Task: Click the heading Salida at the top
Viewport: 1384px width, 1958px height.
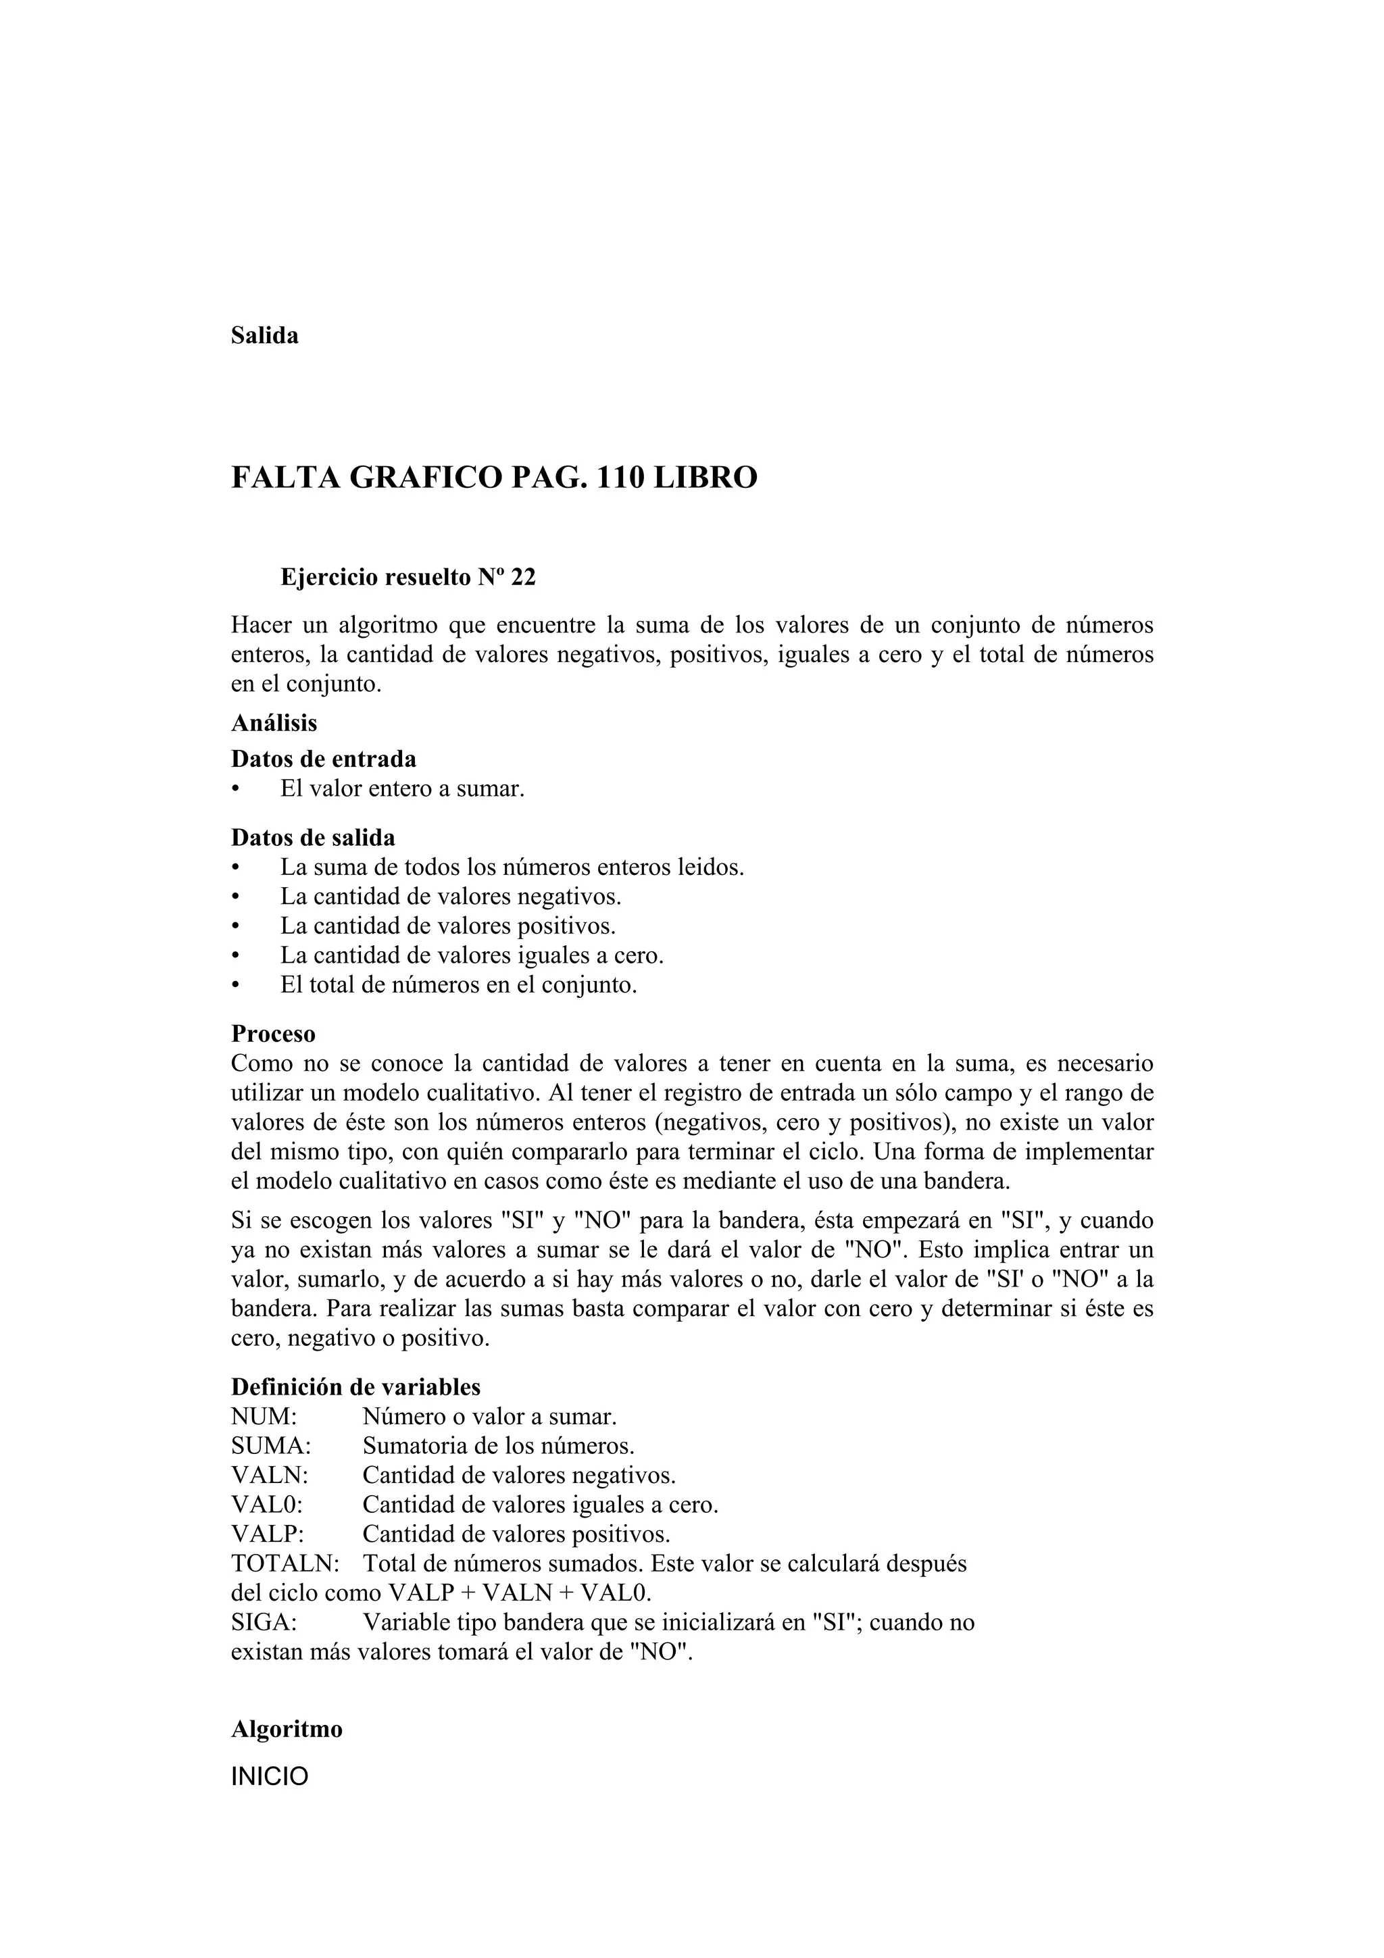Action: click(x=264, y=336)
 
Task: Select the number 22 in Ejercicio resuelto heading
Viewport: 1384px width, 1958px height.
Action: click(x=523, y=578)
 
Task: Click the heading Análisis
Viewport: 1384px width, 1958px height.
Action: click(x=274, y=723)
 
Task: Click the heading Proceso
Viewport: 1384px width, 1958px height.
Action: click(x=273, y=1034)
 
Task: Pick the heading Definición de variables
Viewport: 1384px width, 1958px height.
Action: click(x=355, y=1386)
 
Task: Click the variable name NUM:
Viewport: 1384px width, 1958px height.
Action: click(x=264, y=1417)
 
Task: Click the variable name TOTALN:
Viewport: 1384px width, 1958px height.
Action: click(x=285, y=1564)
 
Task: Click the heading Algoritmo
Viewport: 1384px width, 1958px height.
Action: click(x=287, y=1730)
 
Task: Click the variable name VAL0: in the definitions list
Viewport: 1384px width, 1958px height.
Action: click(x=268, y=1505)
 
